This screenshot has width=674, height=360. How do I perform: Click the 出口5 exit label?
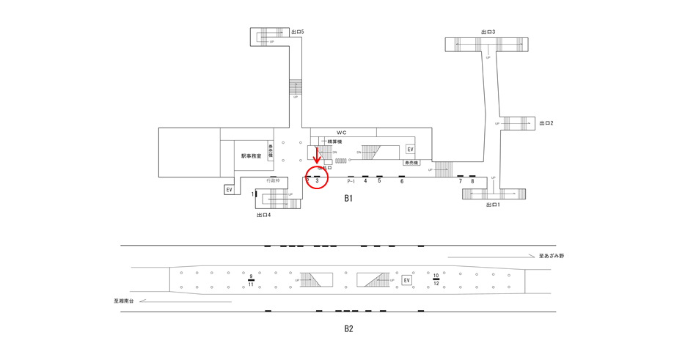click(297, 32)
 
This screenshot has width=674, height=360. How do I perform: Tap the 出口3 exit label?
click(488, 32)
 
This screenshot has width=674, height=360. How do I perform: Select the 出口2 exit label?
click(546, 123)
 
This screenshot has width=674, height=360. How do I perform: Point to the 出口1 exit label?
click(493, 205)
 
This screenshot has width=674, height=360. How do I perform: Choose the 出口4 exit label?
click(263, 215)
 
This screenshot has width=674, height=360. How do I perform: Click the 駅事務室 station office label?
click(252, 156)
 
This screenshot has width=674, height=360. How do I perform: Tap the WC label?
click(342, 133)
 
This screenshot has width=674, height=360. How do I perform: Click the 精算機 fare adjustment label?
click(335, 142)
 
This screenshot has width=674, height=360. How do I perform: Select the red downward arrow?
click(317, 155)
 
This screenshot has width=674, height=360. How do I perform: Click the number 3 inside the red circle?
click(317, 181)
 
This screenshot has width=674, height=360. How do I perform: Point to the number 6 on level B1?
click(402, 181)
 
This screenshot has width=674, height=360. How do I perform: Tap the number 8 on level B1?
click(472, 181)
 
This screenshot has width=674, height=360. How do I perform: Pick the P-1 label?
click(351, 181)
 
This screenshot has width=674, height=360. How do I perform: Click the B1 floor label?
click(349, 198)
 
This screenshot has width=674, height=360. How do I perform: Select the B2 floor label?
click(349, 328)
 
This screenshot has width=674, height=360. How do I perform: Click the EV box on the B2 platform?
click(406, 280)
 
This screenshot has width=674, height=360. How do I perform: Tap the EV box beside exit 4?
click(229, 190)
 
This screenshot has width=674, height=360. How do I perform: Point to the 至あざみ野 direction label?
click(552, 256)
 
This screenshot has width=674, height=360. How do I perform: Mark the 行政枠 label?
click(273, 180)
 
